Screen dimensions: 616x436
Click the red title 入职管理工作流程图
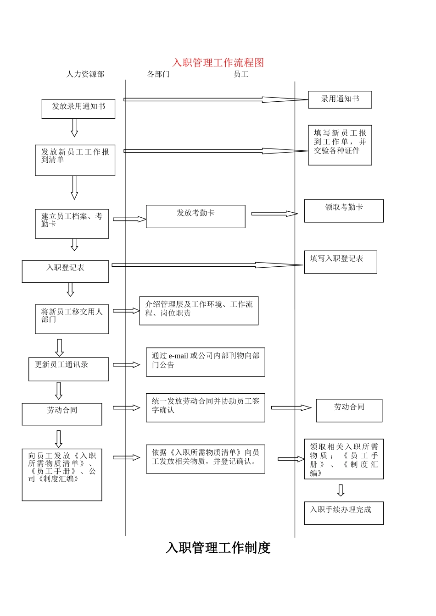coord(218,63)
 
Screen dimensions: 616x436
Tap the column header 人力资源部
coord(85,74)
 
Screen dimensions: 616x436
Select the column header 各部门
coord(158,74)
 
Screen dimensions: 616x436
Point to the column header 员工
coord(241,74)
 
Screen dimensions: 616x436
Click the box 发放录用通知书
coord(78,109)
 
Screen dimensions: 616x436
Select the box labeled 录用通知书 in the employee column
coord(340,99)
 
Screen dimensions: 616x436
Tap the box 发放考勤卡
coord(196,216)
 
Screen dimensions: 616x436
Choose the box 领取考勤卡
coord(344,211)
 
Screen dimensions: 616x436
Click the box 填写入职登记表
coord(340,262)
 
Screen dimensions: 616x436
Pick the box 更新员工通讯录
coord(68,369)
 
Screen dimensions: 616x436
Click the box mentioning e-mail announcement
coord(205,362)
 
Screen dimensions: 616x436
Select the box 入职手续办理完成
coord(344,513)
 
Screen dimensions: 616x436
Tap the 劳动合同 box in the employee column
coord(349,410)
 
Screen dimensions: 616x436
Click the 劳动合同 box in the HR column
coord(62,414)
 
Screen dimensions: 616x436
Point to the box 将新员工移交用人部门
coord(72,319)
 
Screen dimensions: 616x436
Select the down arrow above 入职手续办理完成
coord(341,490)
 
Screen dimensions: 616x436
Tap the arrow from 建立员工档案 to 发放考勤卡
coord(129,219)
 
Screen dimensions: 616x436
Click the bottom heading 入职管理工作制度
coord(218,548)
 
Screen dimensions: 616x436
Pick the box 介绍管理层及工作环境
coord(199,311)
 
